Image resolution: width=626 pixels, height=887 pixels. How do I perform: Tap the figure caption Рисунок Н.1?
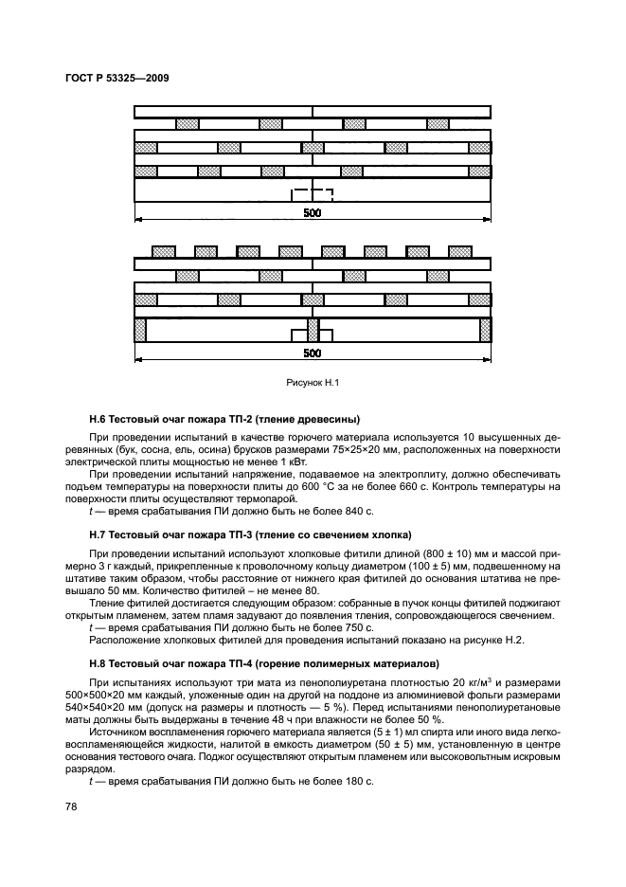tap(313, 383)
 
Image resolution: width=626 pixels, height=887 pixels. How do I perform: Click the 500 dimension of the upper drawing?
tap(313, 213)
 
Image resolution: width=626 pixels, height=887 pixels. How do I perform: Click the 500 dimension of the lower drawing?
tap(313, 353)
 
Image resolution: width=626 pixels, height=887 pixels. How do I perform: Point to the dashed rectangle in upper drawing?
tap(313, 195)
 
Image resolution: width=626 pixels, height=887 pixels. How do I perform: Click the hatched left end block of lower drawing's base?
tap(140, 330)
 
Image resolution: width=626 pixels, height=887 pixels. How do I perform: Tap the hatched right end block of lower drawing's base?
tap(486, 330)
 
